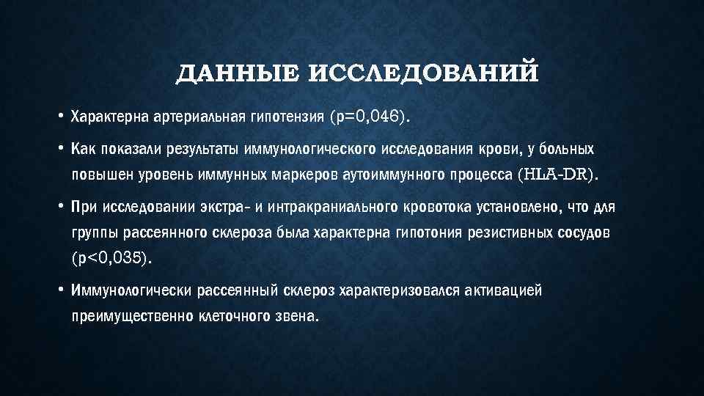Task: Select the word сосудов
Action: click(583, 233)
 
